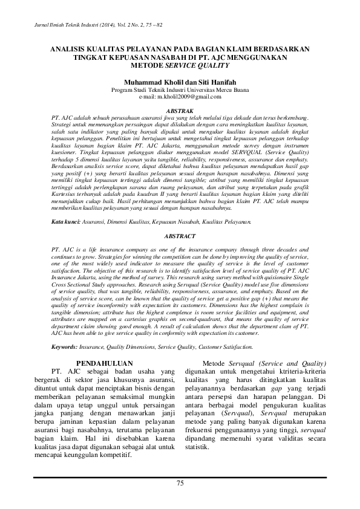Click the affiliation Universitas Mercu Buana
click(218, 89)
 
